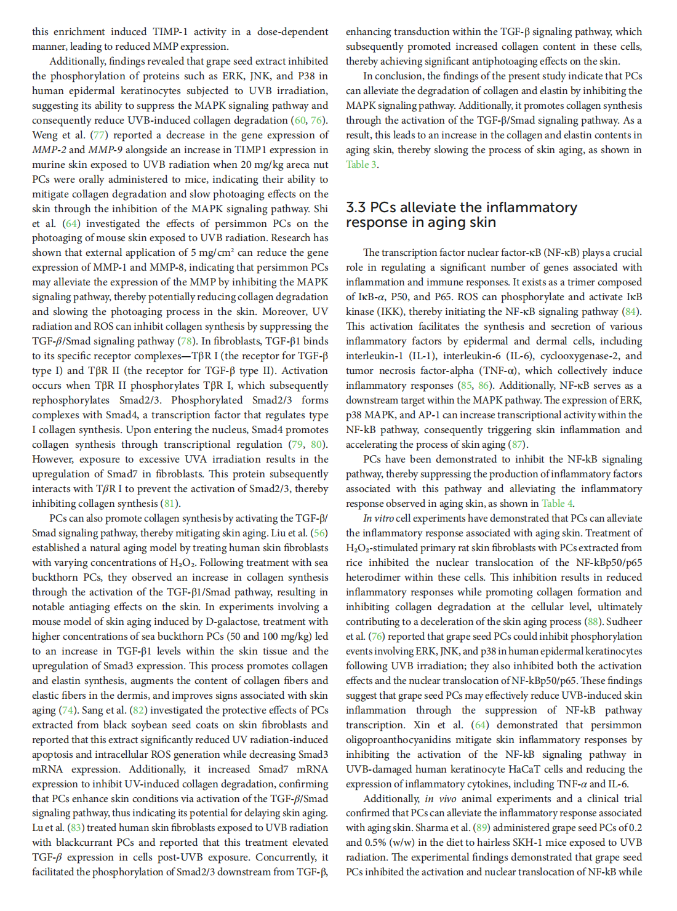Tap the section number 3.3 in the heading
point(356,207)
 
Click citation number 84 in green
point(630,311)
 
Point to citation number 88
point(592,621)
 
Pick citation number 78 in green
point(186,341)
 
